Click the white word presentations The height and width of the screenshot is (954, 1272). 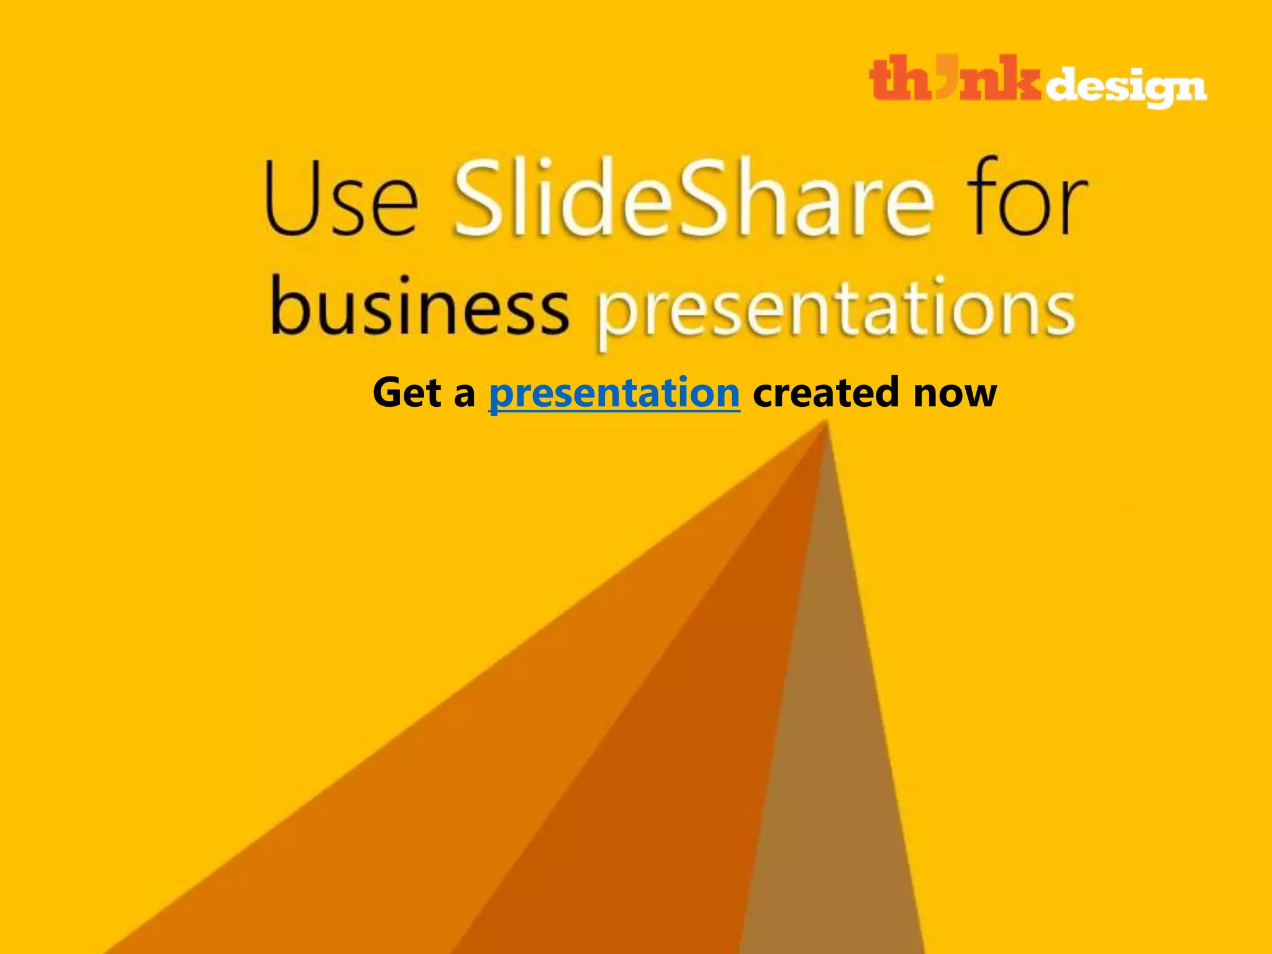tap(835, 311)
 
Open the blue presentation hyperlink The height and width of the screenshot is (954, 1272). tap(614, 393)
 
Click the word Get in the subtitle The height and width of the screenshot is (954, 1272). tap(407, 393)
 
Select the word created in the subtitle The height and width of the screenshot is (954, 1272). tap(825, 393)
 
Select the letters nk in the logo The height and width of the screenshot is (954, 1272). tap(999, 79)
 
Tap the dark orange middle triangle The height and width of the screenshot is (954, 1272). tap(683, 776)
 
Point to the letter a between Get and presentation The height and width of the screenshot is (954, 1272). tap(464, 395)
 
